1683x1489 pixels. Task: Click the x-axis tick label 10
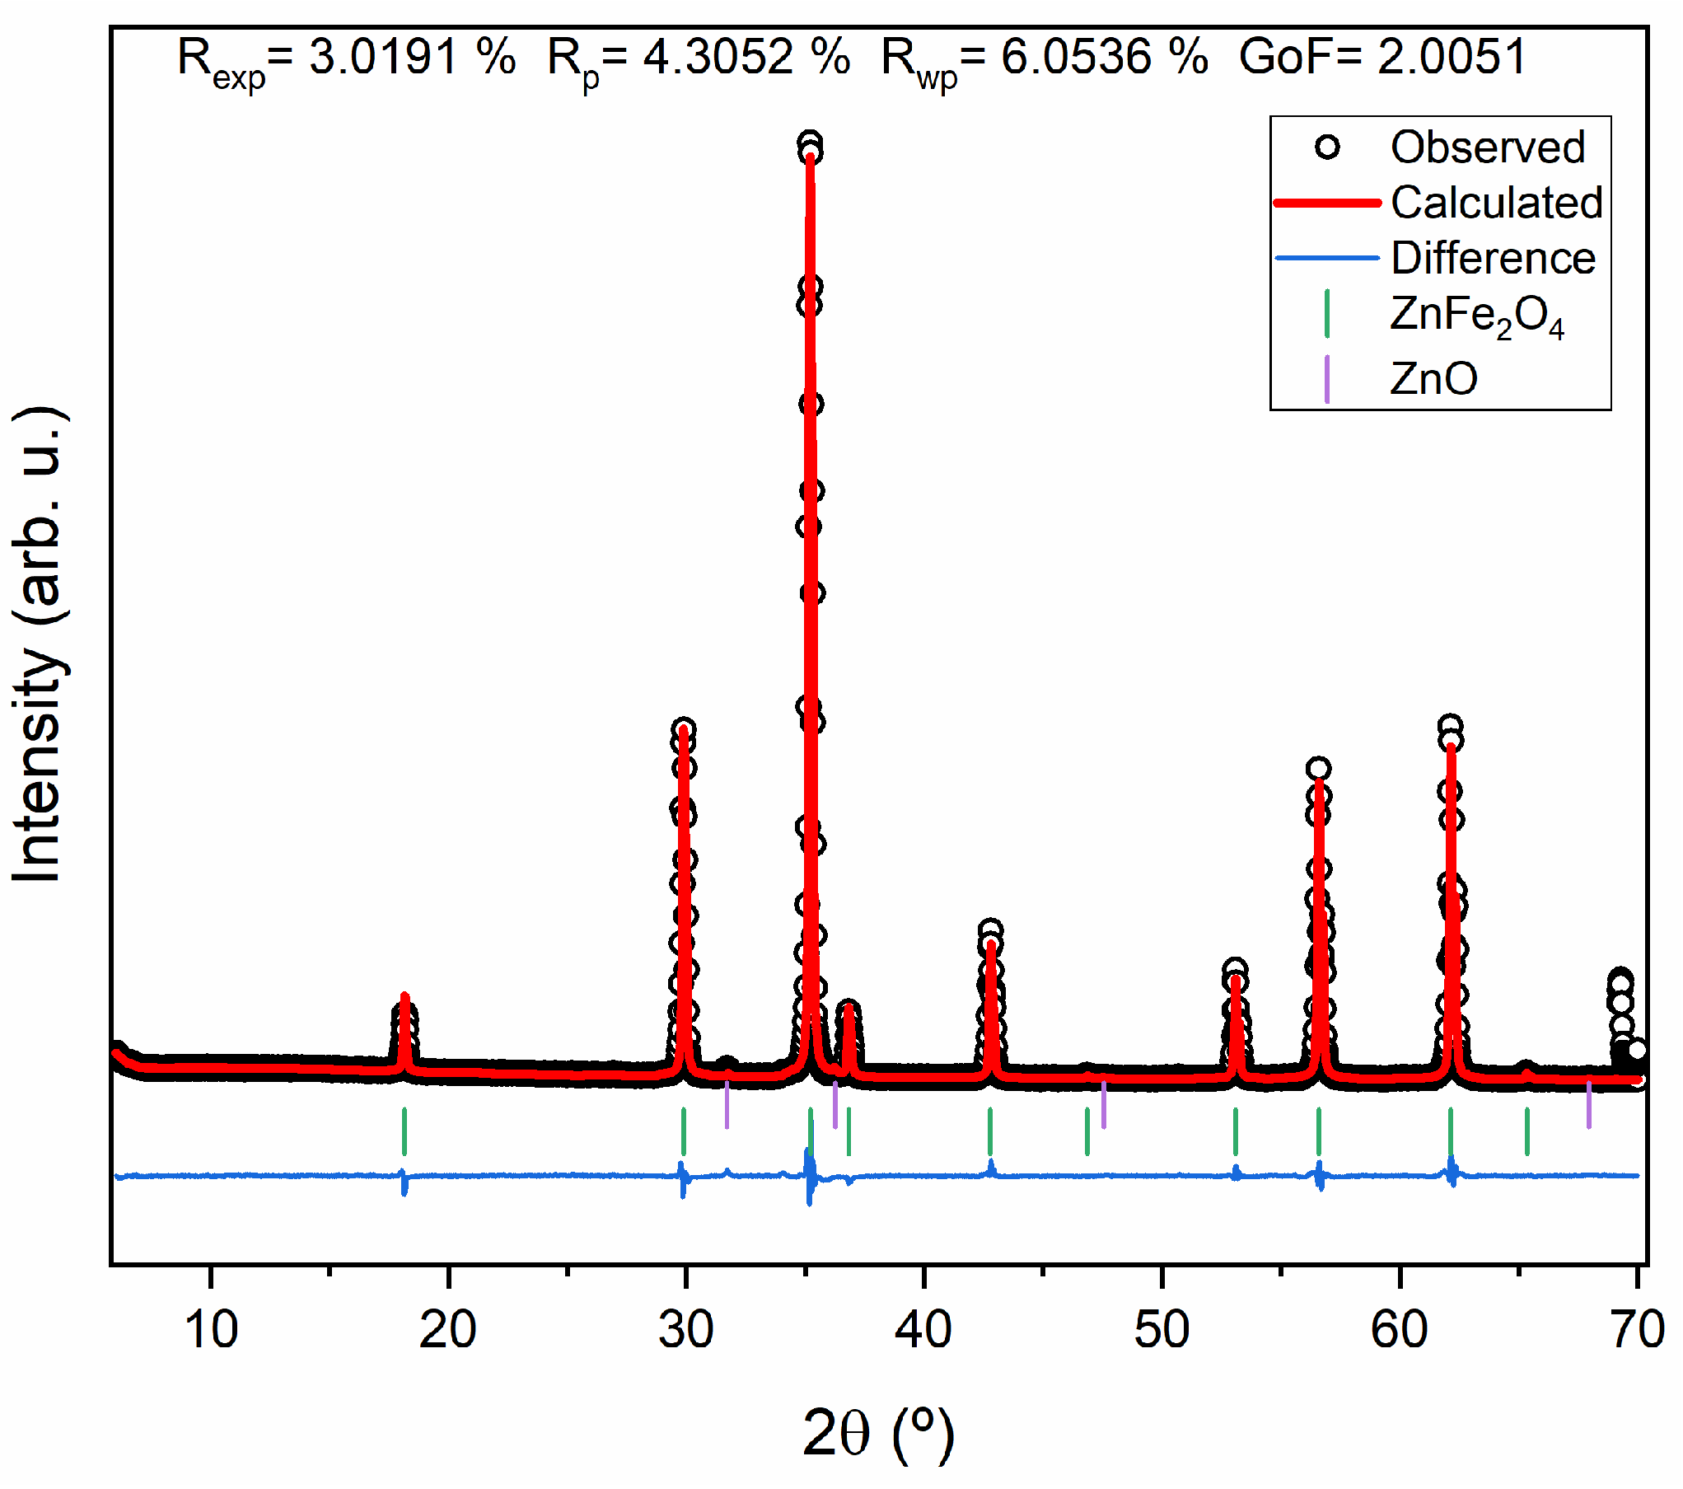point(211,1330)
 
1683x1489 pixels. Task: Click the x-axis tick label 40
point(923,1330)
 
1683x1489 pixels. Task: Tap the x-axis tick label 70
point(1637,1330)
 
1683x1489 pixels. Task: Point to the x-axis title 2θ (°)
point(878,1434)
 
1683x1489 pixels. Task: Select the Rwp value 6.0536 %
point(1104,58)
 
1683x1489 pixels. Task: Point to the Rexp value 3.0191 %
point(412,58)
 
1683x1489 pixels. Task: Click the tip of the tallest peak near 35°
point(811,145)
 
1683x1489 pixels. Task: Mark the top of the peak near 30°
point(683,729)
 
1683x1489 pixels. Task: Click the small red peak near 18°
point(404,997)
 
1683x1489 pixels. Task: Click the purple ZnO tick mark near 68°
point(1589,1105)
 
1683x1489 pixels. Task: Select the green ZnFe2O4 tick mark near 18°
point(404,1131)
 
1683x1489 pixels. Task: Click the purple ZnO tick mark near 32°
point(727,1105)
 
